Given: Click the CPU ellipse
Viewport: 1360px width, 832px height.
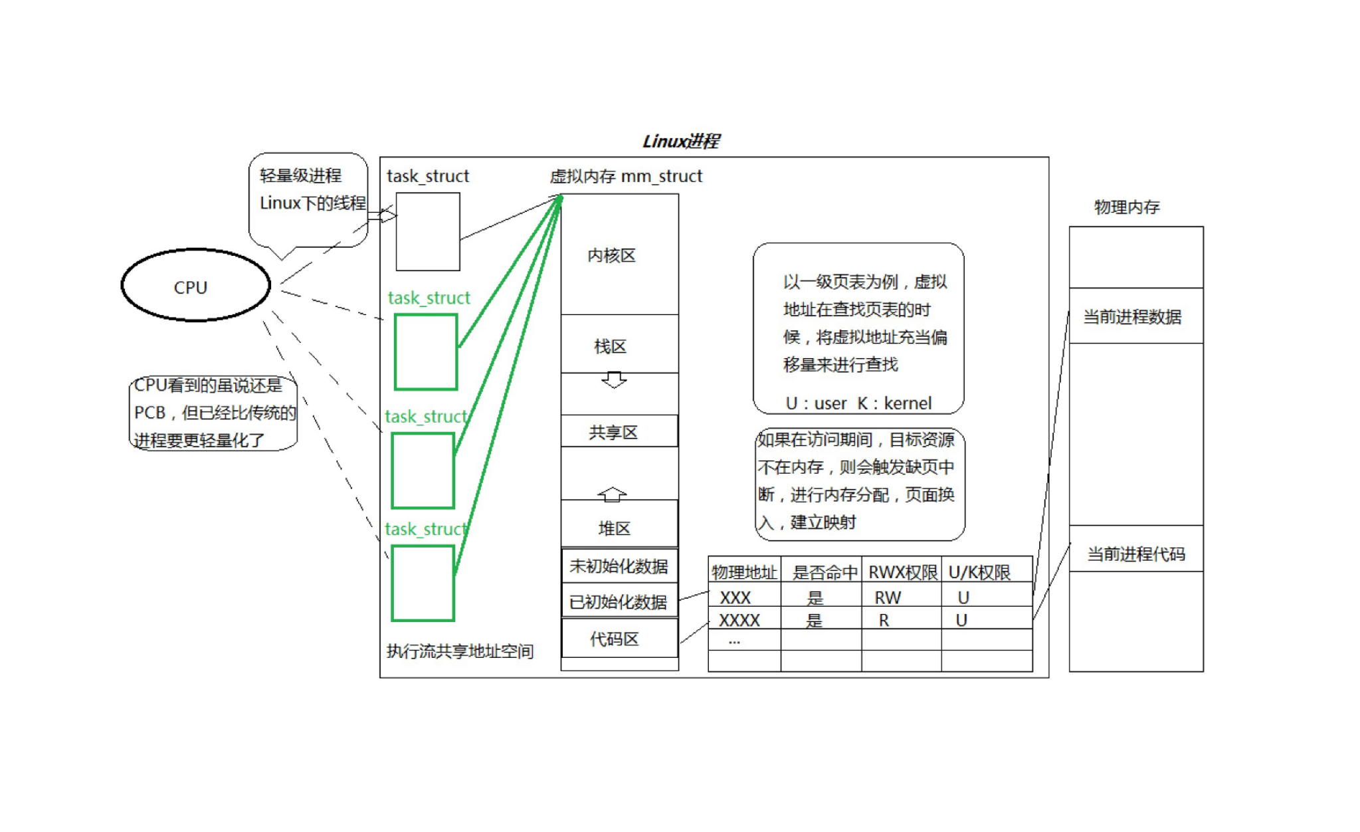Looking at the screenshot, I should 195,286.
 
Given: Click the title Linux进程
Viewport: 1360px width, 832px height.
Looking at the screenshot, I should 681,141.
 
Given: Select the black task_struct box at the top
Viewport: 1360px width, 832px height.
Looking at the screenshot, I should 427,231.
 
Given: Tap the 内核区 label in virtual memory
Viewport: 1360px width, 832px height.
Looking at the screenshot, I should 611,256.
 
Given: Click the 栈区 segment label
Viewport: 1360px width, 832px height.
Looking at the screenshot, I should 610,346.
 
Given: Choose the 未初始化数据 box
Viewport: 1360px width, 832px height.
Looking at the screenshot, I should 619,566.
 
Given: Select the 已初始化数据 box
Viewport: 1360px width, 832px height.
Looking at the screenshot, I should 619,601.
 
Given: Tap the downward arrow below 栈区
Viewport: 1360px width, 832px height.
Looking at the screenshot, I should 613,380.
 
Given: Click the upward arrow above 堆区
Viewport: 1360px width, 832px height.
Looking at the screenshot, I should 612,494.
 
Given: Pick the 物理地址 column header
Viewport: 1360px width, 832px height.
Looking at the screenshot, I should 744,572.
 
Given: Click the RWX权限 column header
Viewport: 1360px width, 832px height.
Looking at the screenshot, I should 902,572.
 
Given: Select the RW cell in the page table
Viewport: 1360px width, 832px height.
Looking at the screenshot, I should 888,597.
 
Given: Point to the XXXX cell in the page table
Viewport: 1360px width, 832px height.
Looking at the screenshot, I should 739,620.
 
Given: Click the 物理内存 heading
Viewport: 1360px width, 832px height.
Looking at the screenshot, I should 1126,207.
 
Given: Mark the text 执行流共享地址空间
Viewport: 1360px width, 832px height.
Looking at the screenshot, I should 460,651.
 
